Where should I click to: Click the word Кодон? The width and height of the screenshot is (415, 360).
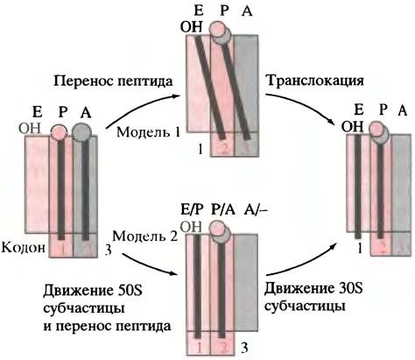pos(24,248)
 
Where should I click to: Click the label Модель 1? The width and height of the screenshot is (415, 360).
pos(149,132)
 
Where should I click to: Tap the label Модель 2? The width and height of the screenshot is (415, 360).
pos(145,236)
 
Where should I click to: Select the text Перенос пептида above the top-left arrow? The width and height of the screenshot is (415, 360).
pos(113,81)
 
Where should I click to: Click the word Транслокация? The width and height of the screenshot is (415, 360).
pos(315,81)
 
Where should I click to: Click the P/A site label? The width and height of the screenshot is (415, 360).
pos(222,210)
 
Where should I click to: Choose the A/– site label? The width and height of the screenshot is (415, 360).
pos(256,210)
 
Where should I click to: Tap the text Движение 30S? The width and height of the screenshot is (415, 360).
pos(313,289)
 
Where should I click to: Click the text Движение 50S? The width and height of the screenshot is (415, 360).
pos(93,291)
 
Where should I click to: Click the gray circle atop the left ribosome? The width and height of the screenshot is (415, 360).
pos(81,132)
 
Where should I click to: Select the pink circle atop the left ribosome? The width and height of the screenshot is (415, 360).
pos(60,133)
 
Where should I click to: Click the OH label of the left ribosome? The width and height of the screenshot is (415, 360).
pos(30,128)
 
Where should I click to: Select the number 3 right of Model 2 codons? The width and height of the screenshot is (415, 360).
pos(245,348)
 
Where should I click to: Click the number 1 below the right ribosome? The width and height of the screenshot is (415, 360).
pos(360,249)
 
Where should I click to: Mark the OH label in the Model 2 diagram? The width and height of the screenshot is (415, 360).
pos(192,227)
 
